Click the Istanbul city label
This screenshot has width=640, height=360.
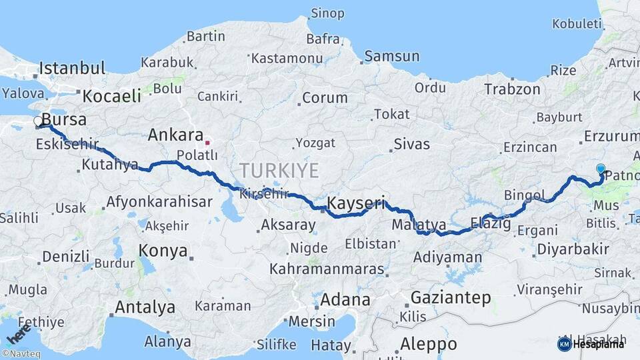tap(72, 68)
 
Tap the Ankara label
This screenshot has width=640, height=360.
tap(175, 135)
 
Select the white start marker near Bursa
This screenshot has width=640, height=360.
tap(39, 121)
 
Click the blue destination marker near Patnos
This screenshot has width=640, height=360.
tap(601, 169)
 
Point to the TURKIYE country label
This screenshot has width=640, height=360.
tap(280, 170)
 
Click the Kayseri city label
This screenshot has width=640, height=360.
tap(356, 203)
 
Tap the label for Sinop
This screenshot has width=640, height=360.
tap(327, 13)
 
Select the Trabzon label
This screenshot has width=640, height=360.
tap(512, 89)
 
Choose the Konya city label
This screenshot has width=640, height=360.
tap(163, 251)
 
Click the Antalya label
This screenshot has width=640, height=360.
tap(145, 307)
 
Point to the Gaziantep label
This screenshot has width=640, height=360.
tap(451, 297)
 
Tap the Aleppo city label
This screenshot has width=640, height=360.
tap(429, 344)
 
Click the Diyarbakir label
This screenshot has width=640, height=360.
tap(571, 249)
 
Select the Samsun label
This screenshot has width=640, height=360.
tap(391, 57)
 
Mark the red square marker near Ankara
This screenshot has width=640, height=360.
tap(207, 142)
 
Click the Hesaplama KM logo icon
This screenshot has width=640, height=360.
tap(564, 344)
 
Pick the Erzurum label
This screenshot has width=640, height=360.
tap(611, 137)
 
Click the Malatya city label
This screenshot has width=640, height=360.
tap(419, 223)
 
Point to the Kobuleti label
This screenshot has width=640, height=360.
tap(577, 24)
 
